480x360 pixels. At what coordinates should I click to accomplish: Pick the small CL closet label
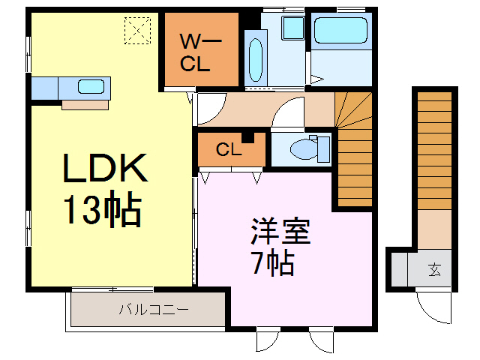[x=228, y=149]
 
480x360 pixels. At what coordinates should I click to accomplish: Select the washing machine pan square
[x=292, y=29]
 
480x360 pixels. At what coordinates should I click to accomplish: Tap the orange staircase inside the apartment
[x=356, y=150]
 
